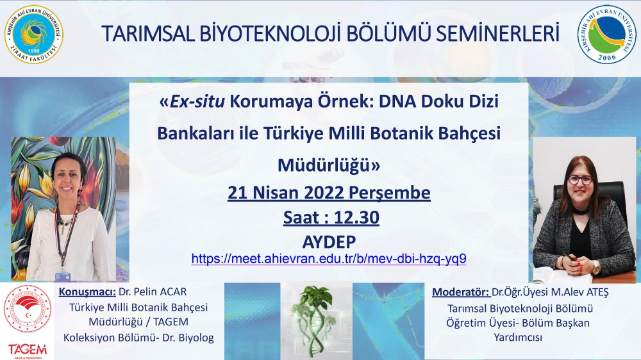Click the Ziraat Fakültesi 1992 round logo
[x=33, y=35]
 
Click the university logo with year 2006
[x=607, y=35]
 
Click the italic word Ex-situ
[x=197, y=101]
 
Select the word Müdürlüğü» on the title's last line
[x=329, y=165]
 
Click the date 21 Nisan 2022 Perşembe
[x=329, y=192]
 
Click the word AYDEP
[x=329, y=242]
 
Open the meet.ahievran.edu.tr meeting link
[x=329, y=259]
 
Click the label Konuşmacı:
[x=87, y=291]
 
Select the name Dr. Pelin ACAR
[x=153, y=291]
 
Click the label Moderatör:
[x=461, y=292]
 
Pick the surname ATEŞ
[x=597, y=292]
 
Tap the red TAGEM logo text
[x=28, y=350]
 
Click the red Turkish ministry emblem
[x=28, y=309]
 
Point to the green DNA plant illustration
[x=316, y=320]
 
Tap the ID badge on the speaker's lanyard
[x=63, y=276]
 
